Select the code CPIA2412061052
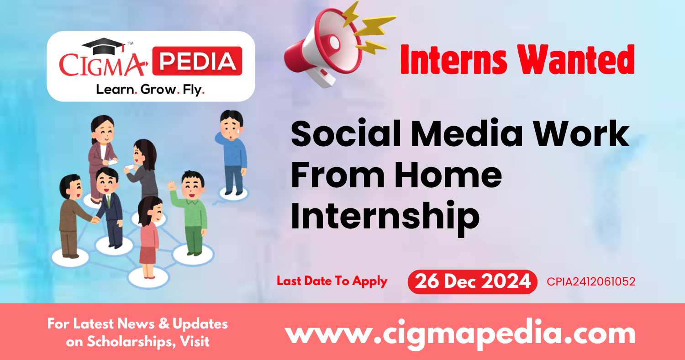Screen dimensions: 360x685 click(591, 282)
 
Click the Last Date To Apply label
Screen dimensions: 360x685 click(332, 281)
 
